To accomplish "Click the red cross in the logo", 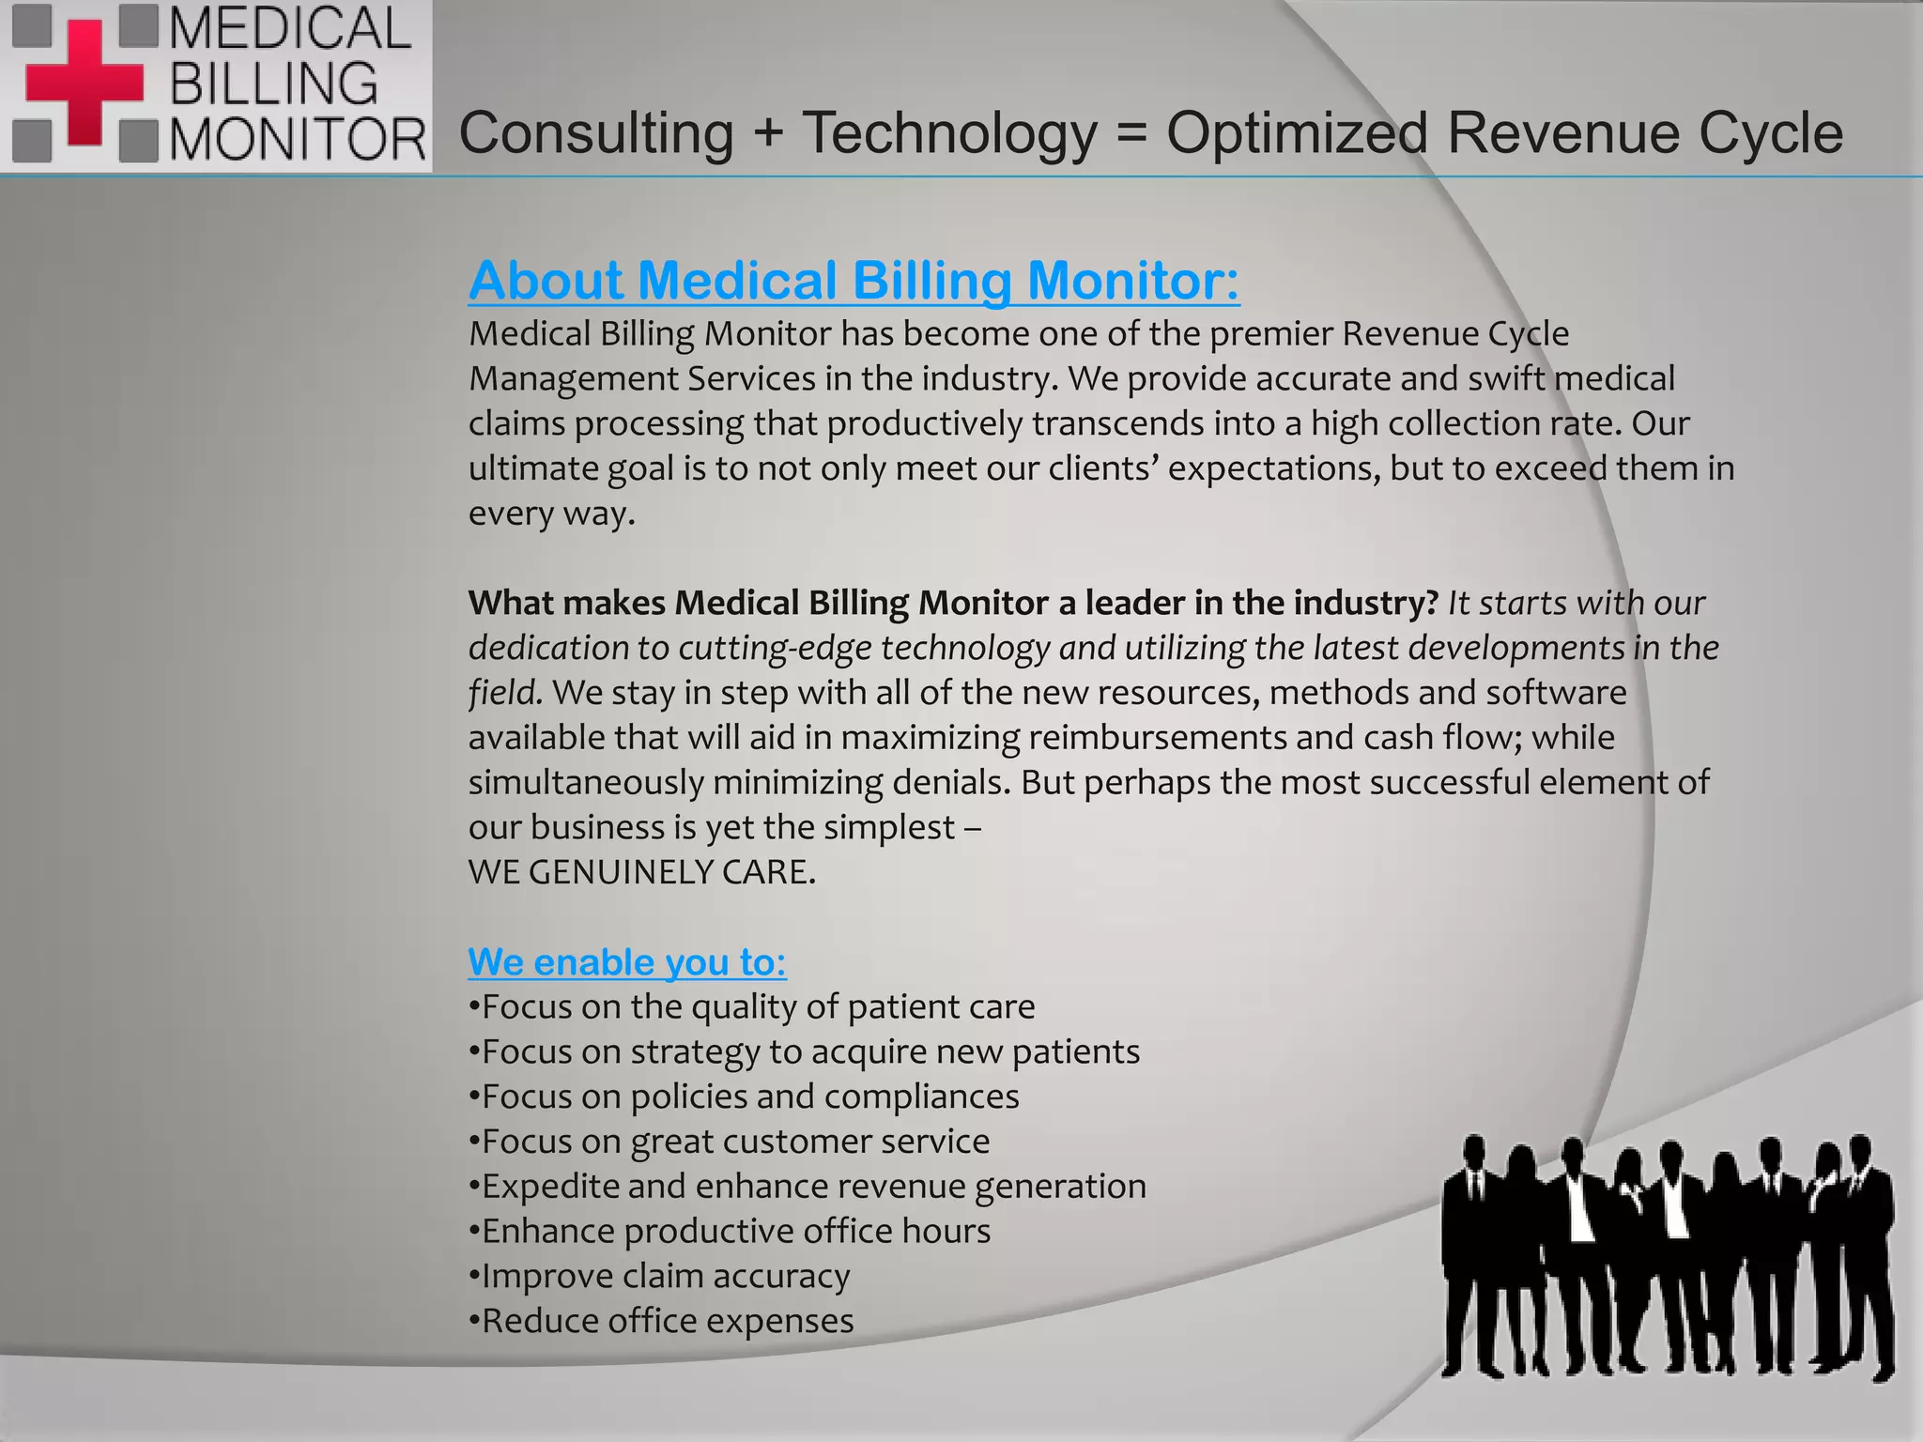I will pyautogui.click(x=84, y=83).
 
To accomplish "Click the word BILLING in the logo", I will pyautogui.click(x=273, y=84).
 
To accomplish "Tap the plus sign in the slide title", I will pyautogui.click(x=767, y=131).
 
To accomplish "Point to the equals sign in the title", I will pyautogui.click(x=1131, y=132).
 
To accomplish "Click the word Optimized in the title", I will pyautogui.click(x=1298, y=132).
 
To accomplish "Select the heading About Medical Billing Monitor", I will pyautogui.click(x=854, y=281).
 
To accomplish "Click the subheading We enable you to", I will pyautogui.click(x=627, y=962).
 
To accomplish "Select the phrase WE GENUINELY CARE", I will pyautogui.click(x=642, y=872).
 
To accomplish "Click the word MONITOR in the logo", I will pyautogui.click(x=298, y=140).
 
